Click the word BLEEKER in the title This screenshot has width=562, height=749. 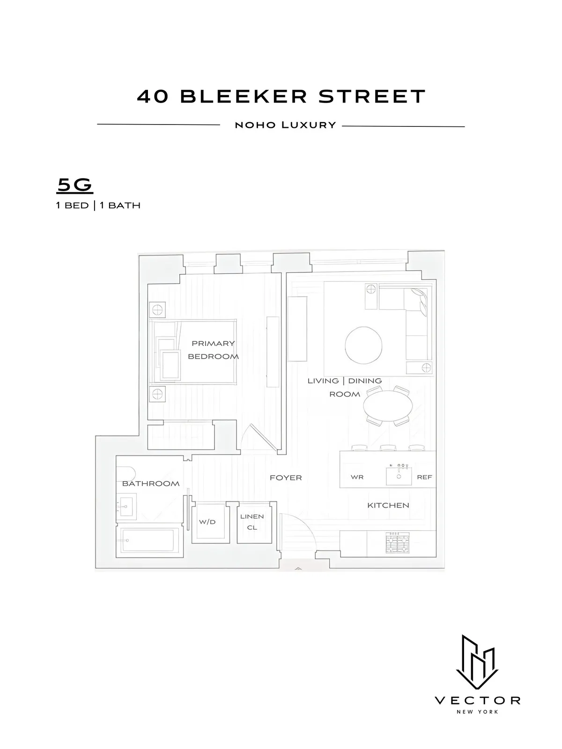click(244, 96)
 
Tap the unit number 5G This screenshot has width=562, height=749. click(75, 185)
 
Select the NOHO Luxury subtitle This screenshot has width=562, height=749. click(285, 125)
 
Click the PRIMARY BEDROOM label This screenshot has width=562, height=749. click(213, 350)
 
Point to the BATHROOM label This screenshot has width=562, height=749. click(151, 484)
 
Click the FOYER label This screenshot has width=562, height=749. click(286, 477)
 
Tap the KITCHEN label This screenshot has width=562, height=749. click(388, 505)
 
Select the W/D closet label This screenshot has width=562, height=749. click(207, 521)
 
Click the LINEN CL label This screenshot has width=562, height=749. click(252, 521)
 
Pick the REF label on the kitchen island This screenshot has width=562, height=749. click(424, 477)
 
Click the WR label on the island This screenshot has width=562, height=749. click(357, 477)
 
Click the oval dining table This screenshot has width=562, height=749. click(389, 405)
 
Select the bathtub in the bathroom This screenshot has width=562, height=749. click(148, 540)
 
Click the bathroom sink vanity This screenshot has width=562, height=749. click(126, 506)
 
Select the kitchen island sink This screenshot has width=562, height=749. click(399, 476)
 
